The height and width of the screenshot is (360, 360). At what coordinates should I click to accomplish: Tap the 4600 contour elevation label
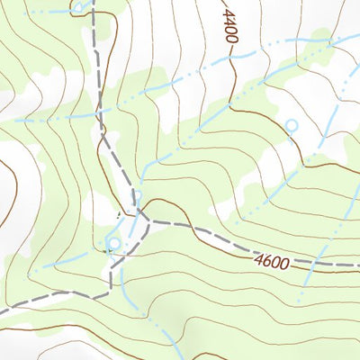(271, 263)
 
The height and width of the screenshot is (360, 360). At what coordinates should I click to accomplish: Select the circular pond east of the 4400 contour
(291, 124)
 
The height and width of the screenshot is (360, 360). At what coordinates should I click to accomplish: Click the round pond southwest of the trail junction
(113, 242)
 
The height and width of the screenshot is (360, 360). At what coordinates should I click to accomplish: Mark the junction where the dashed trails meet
(138, 216)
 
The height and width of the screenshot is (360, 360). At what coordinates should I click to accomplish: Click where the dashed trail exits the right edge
(358, 265)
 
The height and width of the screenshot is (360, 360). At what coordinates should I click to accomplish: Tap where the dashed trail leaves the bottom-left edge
(2, 311)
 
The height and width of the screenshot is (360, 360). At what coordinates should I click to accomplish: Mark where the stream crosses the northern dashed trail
(100, 115)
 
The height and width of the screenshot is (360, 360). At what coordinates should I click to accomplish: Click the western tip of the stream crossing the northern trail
(16, 120)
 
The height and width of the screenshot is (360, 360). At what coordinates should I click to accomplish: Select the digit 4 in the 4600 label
(258, 261)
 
